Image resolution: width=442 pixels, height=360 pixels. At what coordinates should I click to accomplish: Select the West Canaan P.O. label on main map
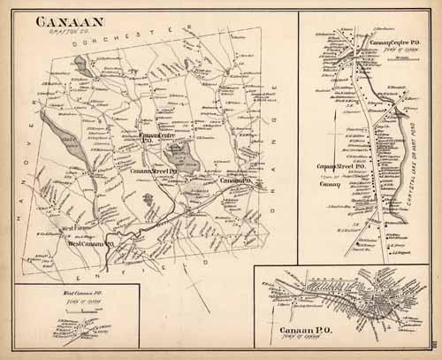coord(88,243)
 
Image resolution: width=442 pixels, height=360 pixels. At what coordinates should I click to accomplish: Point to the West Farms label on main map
coord(53,234)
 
